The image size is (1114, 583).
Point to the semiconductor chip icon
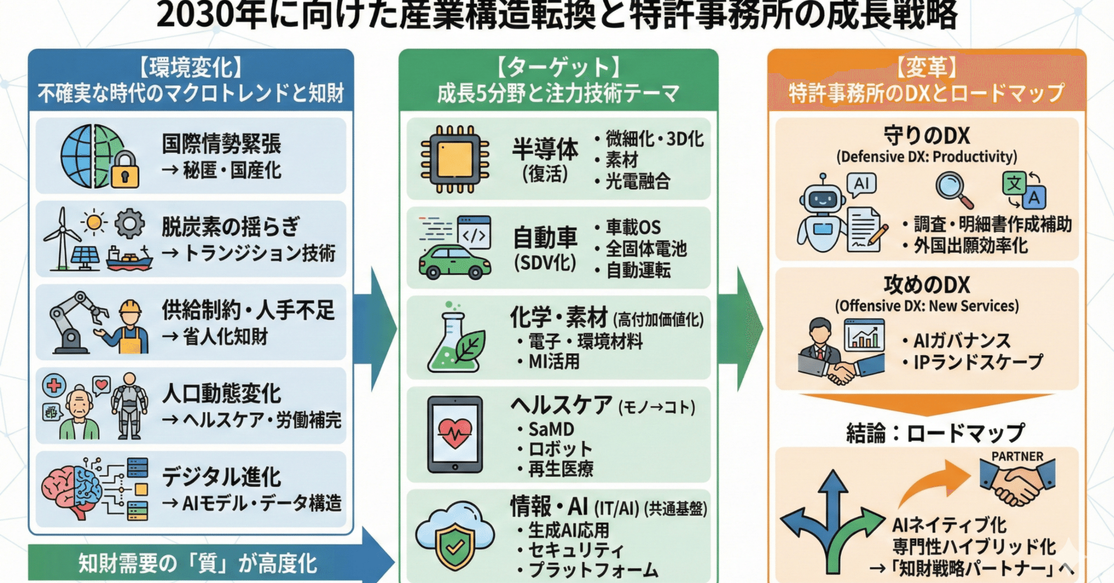pos(455,159)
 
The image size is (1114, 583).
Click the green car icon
pos(454,262)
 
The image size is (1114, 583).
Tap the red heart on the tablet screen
pos(455,433)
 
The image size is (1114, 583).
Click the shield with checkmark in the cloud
pos(455,545)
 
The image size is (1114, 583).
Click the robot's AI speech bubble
pos(862,184)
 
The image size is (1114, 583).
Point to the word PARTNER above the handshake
pos(1017,457)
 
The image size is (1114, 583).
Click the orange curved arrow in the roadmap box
pos(934,481)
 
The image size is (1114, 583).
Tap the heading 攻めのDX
pos(927,285)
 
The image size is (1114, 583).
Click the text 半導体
pos(545,150)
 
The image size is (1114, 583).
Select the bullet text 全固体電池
pos(646,249)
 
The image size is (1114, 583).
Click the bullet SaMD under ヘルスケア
pos(551,429)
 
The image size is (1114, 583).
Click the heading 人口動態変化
pos(221,394)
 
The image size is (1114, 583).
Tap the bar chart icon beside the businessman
pos(864,335)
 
